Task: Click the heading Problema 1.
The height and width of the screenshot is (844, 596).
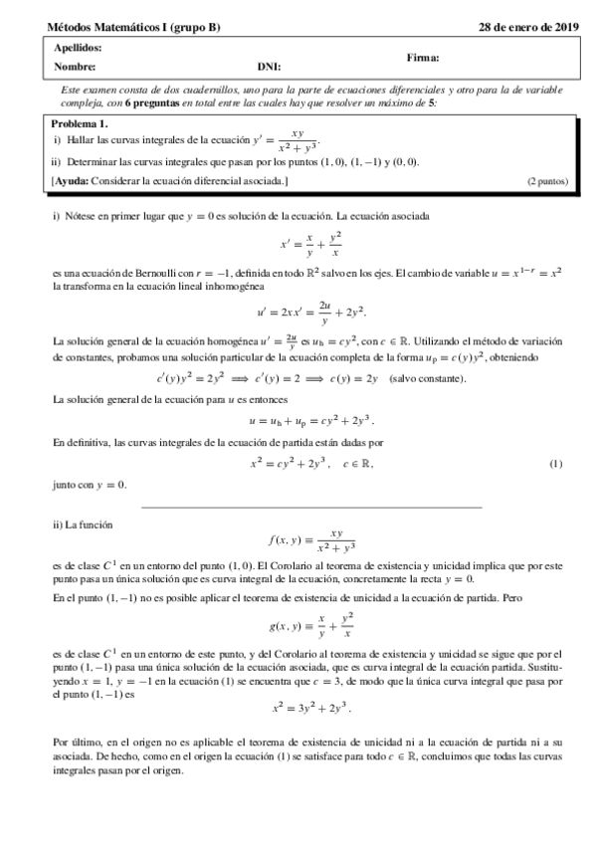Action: click(80, 123)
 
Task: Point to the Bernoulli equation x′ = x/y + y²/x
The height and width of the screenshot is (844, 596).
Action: click(310, 244)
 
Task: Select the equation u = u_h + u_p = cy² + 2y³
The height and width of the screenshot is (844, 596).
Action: click(310, 421)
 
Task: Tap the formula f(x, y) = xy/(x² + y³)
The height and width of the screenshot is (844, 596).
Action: click(311, 542)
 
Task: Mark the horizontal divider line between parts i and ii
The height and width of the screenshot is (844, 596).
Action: click(311, 508)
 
